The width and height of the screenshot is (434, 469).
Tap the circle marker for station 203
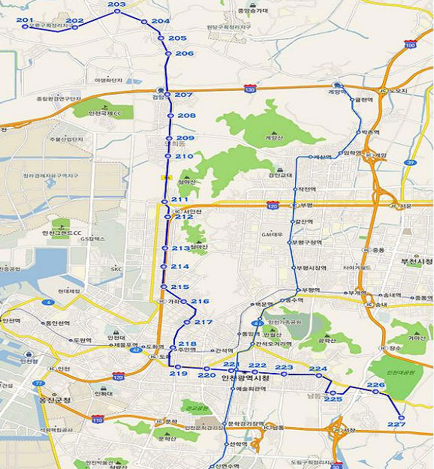pos(116,11)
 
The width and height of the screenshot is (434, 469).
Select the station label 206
pos(184,53)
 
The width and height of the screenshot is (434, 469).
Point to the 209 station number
pos(185,139)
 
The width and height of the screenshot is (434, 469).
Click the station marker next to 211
pos(164,202)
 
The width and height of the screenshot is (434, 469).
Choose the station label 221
pos(231,365)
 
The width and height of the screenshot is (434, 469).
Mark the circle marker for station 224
pos(318,375)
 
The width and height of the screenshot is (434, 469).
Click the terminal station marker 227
pos(401,417)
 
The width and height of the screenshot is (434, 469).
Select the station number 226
pos(375,385)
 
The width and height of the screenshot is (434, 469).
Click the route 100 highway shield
pos(409,45)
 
